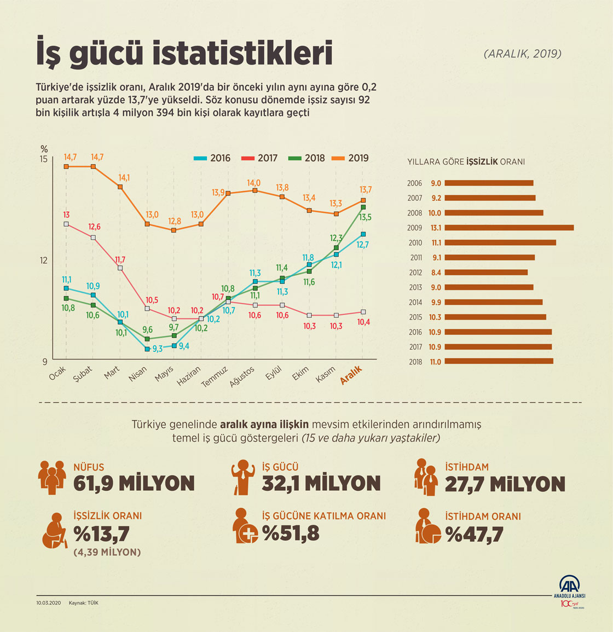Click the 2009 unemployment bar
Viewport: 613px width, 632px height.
pyautogui.click(x=509, y=228)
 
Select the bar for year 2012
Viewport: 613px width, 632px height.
pyautogui.click(x=486, y=272)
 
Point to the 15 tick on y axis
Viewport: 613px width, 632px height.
pyautogui.click(x=43, y=159)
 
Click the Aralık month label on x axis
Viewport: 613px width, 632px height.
pyautogui.click(x=351, y=375)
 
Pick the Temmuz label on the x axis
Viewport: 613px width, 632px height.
pyautogui.click(x=214, y=377)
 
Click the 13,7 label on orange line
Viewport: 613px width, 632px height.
pyautogui.click(x=366, y=190)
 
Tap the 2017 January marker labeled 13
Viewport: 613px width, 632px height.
pyautogui.click(x=66, y=224)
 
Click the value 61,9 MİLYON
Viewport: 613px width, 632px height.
pyautogui.click(x=134, y=484)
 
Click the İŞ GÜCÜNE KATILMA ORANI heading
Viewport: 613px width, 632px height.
pyautogui.click(x=324, y=516)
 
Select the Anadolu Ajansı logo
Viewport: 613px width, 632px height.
pyautogui.click(x=569, y=591)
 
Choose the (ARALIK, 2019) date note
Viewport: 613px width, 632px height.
pyautogui.click(x=522, y=54)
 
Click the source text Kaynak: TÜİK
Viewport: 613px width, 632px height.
pyautogui.click(x=84, y=603)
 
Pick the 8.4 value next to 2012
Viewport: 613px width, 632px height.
pyautogui.click(x=436, y=272)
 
